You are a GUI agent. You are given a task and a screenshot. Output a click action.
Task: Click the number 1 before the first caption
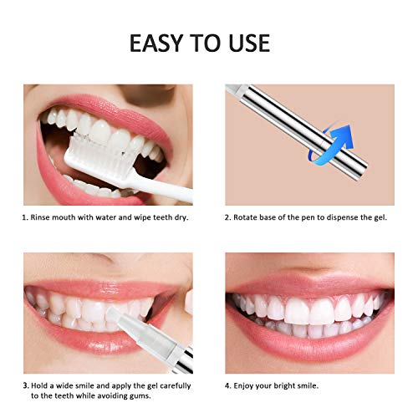(x=25, y=217)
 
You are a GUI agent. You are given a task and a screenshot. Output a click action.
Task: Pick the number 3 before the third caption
(x=25, y=385)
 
